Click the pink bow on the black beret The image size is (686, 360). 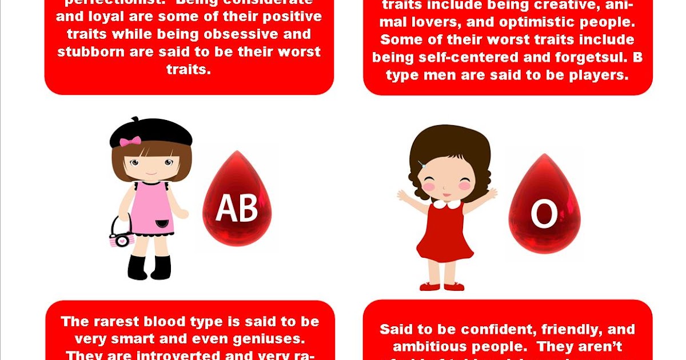pyautogui.click(x=130, y=141)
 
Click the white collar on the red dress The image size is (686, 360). pyautogui.click(x=446, y=203)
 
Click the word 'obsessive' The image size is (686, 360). pyautogui.click(x=233, y=34)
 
